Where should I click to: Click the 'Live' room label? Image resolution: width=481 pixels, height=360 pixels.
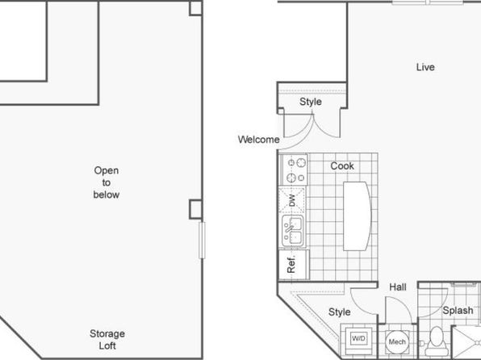(425, 67)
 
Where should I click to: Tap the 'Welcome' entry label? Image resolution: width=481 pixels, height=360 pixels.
(258, 140)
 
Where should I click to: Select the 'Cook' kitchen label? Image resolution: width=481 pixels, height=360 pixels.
(342, 166)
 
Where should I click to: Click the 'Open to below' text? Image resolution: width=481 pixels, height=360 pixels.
(107, 182)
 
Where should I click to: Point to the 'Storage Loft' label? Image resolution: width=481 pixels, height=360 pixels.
(107, 340)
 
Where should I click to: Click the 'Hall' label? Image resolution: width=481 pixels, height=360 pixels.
(398, 287)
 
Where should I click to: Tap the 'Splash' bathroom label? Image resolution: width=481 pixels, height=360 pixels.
(458, 311)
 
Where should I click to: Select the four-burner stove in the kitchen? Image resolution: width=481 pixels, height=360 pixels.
(295, 170)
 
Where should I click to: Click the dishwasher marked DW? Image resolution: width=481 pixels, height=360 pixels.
(291, 200)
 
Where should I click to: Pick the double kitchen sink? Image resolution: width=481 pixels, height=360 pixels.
(293, 232)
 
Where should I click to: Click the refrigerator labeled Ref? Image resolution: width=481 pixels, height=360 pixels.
(294, 265)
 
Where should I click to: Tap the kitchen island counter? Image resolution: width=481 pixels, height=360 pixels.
(357, 216)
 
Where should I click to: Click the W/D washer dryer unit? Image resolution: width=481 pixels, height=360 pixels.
(358, 339)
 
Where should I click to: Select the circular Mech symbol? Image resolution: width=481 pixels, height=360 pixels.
(397, 342)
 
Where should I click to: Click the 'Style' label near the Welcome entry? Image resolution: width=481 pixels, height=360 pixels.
(311, 102)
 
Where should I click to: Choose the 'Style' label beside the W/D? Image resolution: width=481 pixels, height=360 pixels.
(339, 312)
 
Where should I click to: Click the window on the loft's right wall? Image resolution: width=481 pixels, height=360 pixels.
(202, 241)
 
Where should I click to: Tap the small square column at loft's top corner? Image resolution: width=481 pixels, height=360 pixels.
(196, 8)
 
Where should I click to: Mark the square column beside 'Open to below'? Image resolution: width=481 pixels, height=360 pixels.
(195, 209)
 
